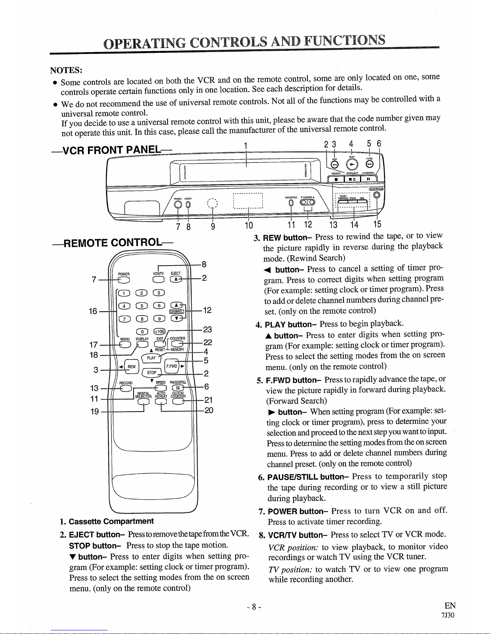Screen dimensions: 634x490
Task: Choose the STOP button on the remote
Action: (152, 373)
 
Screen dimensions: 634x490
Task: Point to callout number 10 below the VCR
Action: (248, 226)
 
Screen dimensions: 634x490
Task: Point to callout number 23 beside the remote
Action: (208, 330)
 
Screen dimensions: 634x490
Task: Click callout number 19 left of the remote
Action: (94, 411)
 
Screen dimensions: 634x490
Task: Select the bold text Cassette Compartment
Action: (111, 521)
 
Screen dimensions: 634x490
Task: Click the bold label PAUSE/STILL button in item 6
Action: (308, 477)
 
